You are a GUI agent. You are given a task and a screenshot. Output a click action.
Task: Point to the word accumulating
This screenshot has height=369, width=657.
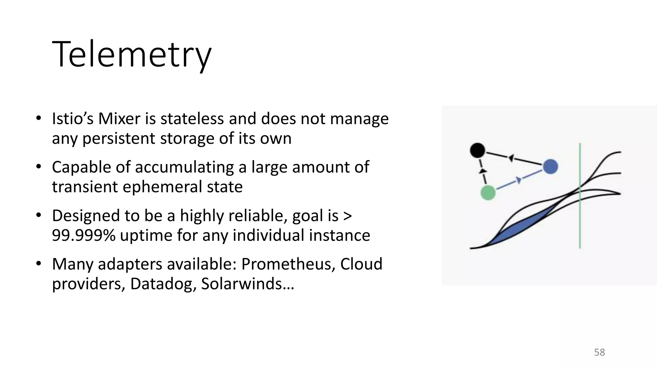(185, 168)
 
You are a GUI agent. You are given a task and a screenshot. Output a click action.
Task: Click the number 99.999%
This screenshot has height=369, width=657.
(83, 235)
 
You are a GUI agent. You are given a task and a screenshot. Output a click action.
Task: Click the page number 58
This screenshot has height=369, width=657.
(599, 352)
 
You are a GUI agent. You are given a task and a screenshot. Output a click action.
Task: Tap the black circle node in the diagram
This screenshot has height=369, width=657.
(477, 150)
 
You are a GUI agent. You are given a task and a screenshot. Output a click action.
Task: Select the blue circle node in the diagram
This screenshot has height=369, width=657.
(550, 167)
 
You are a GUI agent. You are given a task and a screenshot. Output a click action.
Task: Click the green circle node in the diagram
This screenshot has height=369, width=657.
(488, 193)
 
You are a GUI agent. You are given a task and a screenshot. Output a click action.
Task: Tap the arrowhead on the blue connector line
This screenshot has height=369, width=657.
(518, 180)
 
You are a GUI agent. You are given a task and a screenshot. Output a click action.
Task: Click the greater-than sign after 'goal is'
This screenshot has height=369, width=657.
(347, 216)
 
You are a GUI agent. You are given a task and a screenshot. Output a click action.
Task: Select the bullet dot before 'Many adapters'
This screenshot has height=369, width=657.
(38, 264)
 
